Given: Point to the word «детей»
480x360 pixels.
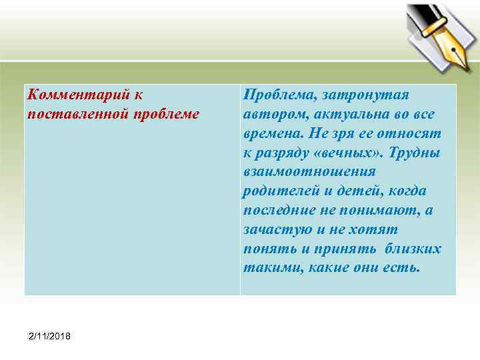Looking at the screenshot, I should pos(351,191).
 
